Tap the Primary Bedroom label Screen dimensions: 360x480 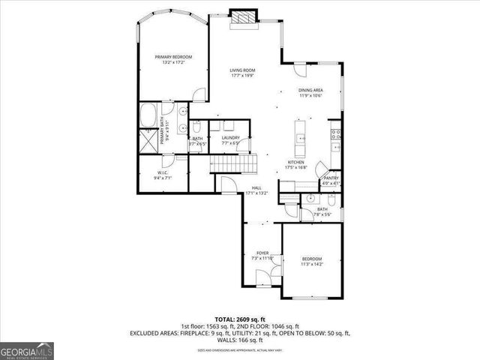[x=173, y=57]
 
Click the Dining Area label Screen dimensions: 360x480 [x=310, y=90]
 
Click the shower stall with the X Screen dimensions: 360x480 [x=148, y=140]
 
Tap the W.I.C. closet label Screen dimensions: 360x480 [x=163, y=173]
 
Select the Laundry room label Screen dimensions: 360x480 [x=229, y=137]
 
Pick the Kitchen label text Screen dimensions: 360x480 [x=295, y=162]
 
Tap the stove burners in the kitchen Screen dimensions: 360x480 [x=337, y=135]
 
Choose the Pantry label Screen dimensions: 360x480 [x=331, y=178]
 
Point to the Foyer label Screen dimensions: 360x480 [x=262, y=253]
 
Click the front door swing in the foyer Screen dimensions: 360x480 [x=262, y=279]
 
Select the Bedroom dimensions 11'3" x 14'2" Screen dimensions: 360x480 [x=313, y=263]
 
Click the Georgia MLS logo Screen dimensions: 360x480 [x=25, y=350]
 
